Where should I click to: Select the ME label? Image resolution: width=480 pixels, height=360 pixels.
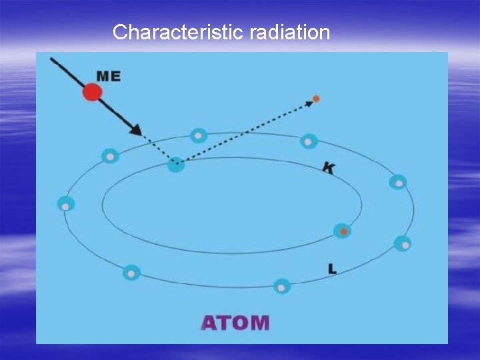coord(109,76)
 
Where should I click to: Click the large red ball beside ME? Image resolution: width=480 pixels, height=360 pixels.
coord(93,91)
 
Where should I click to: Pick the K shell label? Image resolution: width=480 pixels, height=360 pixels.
coord(329,167)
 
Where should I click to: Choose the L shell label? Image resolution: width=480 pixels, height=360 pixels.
coord(332,269)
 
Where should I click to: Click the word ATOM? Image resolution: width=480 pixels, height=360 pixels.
coord(235,323)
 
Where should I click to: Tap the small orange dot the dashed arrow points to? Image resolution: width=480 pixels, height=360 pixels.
coord(316,99)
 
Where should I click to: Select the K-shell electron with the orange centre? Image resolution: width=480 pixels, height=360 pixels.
coord(343,231)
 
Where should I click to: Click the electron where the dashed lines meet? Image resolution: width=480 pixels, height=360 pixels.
coord(176,163)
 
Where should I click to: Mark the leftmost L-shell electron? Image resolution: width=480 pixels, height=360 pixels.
coord(65,205)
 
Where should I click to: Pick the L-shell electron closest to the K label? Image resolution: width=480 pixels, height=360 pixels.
coord(309,141)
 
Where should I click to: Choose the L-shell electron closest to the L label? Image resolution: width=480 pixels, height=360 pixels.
coord(282,287)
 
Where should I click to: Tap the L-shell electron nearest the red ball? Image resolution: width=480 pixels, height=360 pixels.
coord(111,156)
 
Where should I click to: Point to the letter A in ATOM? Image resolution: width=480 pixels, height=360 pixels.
coord(209,323)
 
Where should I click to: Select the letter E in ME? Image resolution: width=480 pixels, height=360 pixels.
coord(116,76)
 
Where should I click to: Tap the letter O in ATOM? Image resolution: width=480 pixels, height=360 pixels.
coord(241,323)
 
